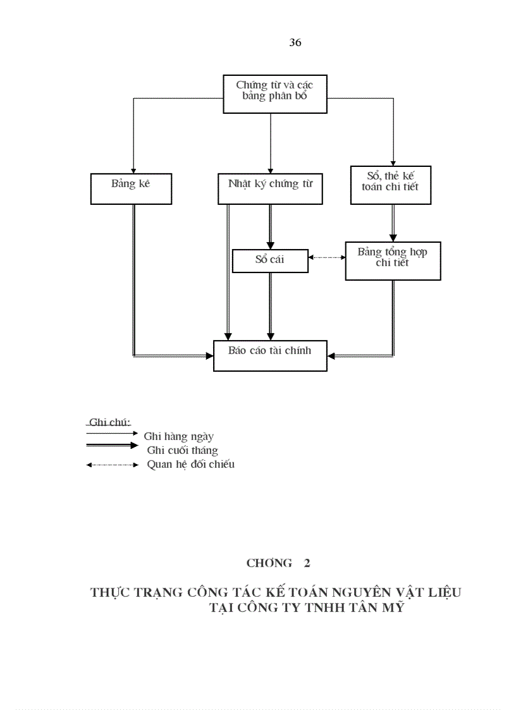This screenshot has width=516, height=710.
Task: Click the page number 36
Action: click(295, 43)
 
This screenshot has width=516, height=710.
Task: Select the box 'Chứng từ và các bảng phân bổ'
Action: click(275, 94)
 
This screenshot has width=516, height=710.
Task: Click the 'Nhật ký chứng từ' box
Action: click(270, 187)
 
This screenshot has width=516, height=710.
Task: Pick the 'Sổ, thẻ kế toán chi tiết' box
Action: click(390, 185)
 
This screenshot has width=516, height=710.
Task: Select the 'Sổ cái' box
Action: click(270, 260)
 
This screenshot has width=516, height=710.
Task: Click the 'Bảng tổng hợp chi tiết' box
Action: click(392, 260)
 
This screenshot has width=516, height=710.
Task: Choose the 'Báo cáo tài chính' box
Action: click(270, 355)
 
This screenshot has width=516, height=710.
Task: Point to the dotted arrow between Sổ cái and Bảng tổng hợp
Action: click(327, 257)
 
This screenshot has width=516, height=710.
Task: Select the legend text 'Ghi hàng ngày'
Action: click(179, 436)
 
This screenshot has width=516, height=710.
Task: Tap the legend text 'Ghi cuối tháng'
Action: click(183, 450)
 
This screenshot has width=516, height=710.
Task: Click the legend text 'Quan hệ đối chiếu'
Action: click(191, 465)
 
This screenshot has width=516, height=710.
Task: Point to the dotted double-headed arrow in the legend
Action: click(112, 465)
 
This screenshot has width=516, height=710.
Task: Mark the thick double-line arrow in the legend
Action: click(112, 445)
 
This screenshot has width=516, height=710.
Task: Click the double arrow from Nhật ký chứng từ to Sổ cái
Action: click(271, 226)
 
